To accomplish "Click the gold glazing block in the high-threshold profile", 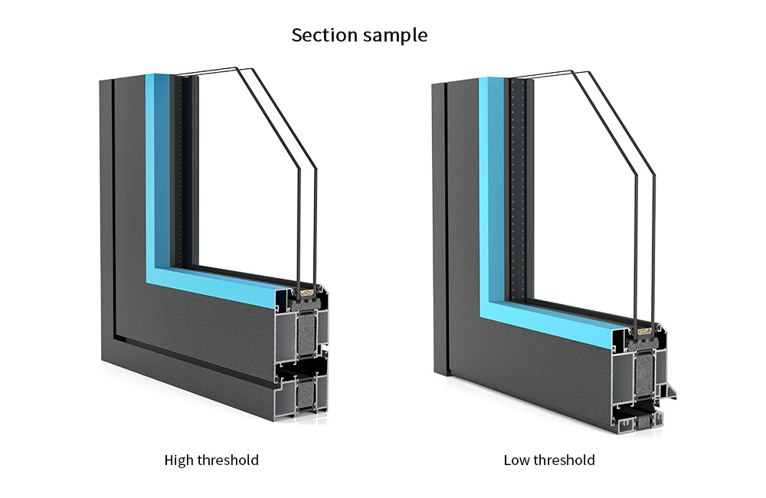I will pos(308,292).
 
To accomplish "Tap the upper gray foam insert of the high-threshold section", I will pos(308,331).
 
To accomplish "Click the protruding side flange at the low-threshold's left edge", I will pos(439,230).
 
